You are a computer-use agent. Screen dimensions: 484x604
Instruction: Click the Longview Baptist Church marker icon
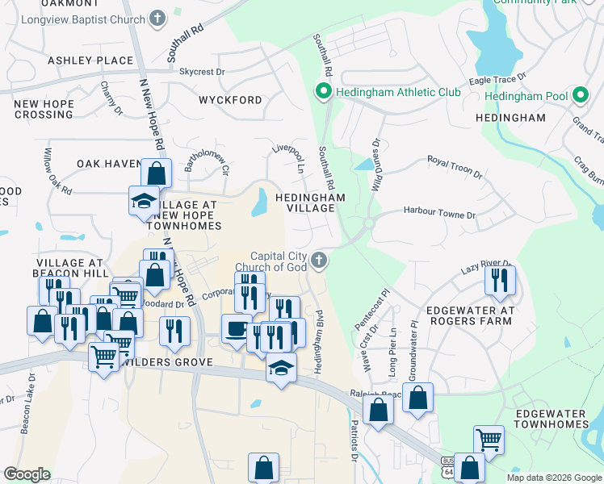pos(157,16)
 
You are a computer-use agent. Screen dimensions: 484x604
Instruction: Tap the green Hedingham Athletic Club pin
pos(324,92)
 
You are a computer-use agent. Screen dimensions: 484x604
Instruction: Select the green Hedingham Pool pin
pos(579,96)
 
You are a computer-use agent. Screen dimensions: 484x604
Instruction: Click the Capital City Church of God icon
pos(319,260)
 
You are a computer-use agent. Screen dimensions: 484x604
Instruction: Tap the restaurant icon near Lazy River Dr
pos(500,279)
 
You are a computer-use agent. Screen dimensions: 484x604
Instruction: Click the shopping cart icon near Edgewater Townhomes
pos(488,440)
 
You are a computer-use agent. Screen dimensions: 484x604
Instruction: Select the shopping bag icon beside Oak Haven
pos(156,173)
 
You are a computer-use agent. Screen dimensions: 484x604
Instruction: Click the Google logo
pos(27,474)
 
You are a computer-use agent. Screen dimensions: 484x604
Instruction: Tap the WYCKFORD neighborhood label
pos(230,100)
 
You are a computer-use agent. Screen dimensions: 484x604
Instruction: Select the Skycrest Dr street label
pos(202,72)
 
